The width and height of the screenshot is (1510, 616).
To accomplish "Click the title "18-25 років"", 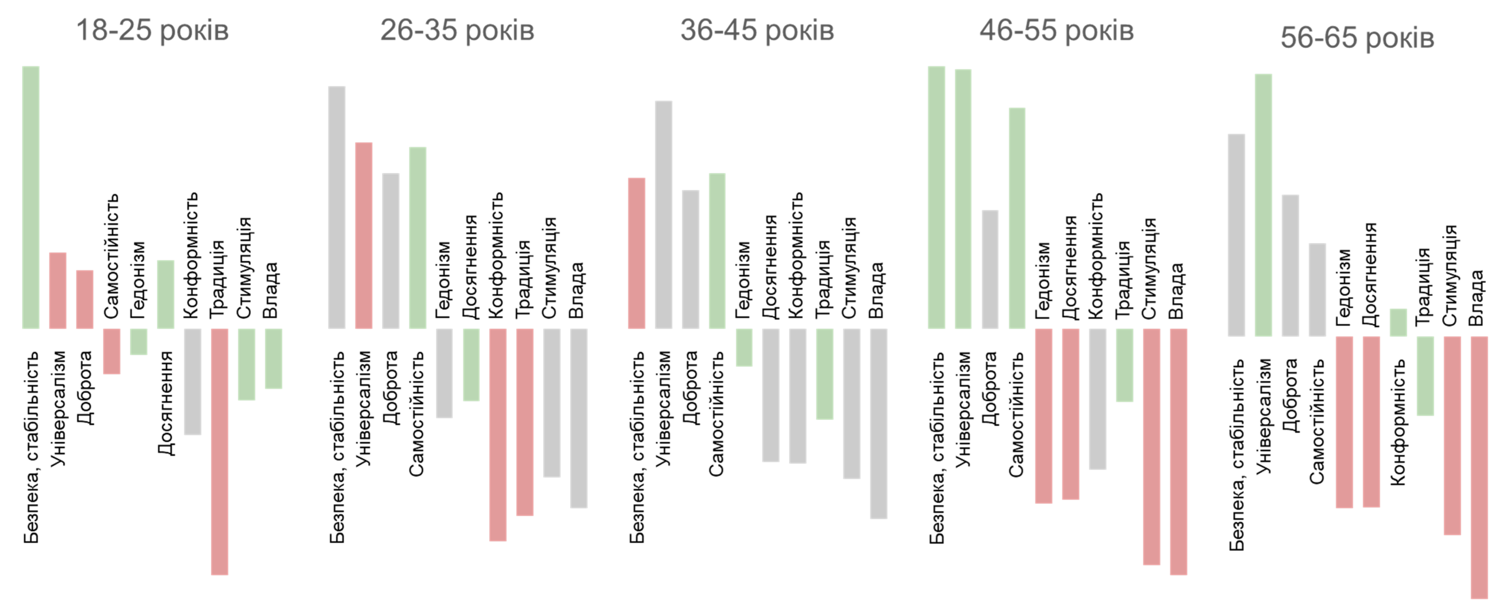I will (152, 30).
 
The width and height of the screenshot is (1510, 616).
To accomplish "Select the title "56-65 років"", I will (1357, 38).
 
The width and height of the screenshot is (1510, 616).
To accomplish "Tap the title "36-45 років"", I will (757, 30).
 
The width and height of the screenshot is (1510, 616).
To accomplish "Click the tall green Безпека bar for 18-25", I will (31, 197).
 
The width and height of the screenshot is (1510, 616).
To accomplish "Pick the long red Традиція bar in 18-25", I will (219, 451).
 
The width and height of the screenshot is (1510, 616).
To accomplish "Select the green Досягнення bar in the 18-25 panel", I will (166, 294).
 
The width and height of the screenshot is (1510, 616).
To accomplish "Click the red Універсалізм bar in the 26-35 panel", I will (363, 235).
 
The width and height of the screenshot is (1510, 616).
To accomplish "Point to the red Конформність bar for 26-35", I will (498, 434).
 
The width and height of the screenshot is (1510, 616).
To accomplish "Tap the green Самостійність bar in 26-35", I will (418, 238).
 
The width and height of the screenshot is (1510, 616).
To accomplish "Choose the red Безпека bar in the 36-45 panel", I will (636, 253).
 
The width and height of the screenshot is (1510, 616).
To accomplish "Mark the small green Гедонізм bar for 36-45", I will (744, 347).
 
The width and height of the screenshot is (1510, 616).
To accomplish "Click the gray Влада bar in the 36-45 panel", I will (878, 423).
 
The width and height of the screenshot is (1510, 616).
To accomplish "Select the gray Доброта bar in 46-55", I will (990, 269).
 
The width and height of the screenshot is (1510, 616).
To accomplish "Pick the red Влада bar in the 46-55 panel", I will (1178, 451).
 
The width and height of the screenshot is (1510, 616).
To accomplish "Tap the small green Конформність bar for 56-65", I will (1398, 322).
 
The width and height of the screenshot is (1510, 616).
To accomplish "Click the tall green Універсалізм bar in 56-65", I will (1263, 205).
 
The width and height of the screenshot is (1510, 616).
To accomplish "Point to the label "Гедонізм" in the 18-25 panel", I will (138, 280).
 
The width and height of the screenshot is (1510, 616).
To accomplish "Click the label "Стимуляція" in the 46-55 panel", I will (1148, 269).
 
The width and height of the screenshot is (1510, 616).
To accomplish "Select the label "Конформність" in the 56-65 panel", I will (1398, 423).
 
